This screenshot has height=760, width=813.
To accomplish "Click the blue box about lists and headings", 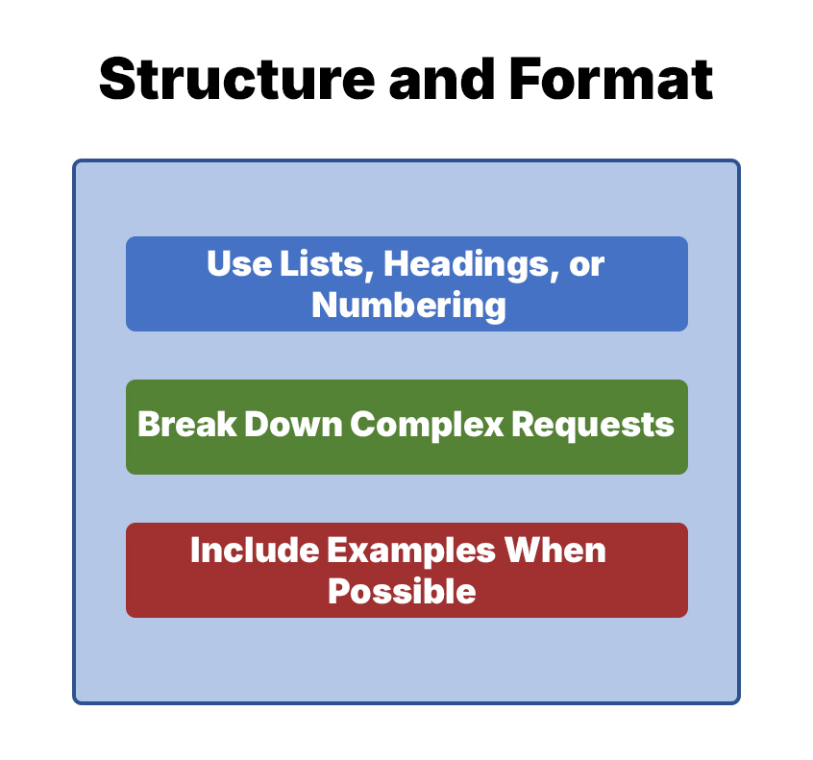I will (406, 283).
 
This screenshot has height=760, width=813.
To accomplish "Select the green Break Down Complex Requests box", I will (406, 426).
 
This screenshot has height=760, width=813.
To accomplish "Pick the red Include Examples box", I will (406, 569).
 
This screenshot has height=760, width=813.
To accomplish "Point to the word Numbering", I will (408, 305).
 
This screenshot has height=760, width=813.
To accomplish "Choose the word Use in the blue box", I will (234, 263).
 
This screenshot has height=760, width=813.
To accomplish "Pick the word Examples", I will (412, 551).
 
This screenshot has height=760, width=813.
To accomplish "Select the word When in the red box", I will (556, 551).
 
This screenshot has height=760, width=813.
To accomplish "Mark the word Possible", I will (402, 591).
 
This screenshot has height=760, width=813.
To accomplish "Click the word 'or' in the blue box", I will (587, 263).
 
